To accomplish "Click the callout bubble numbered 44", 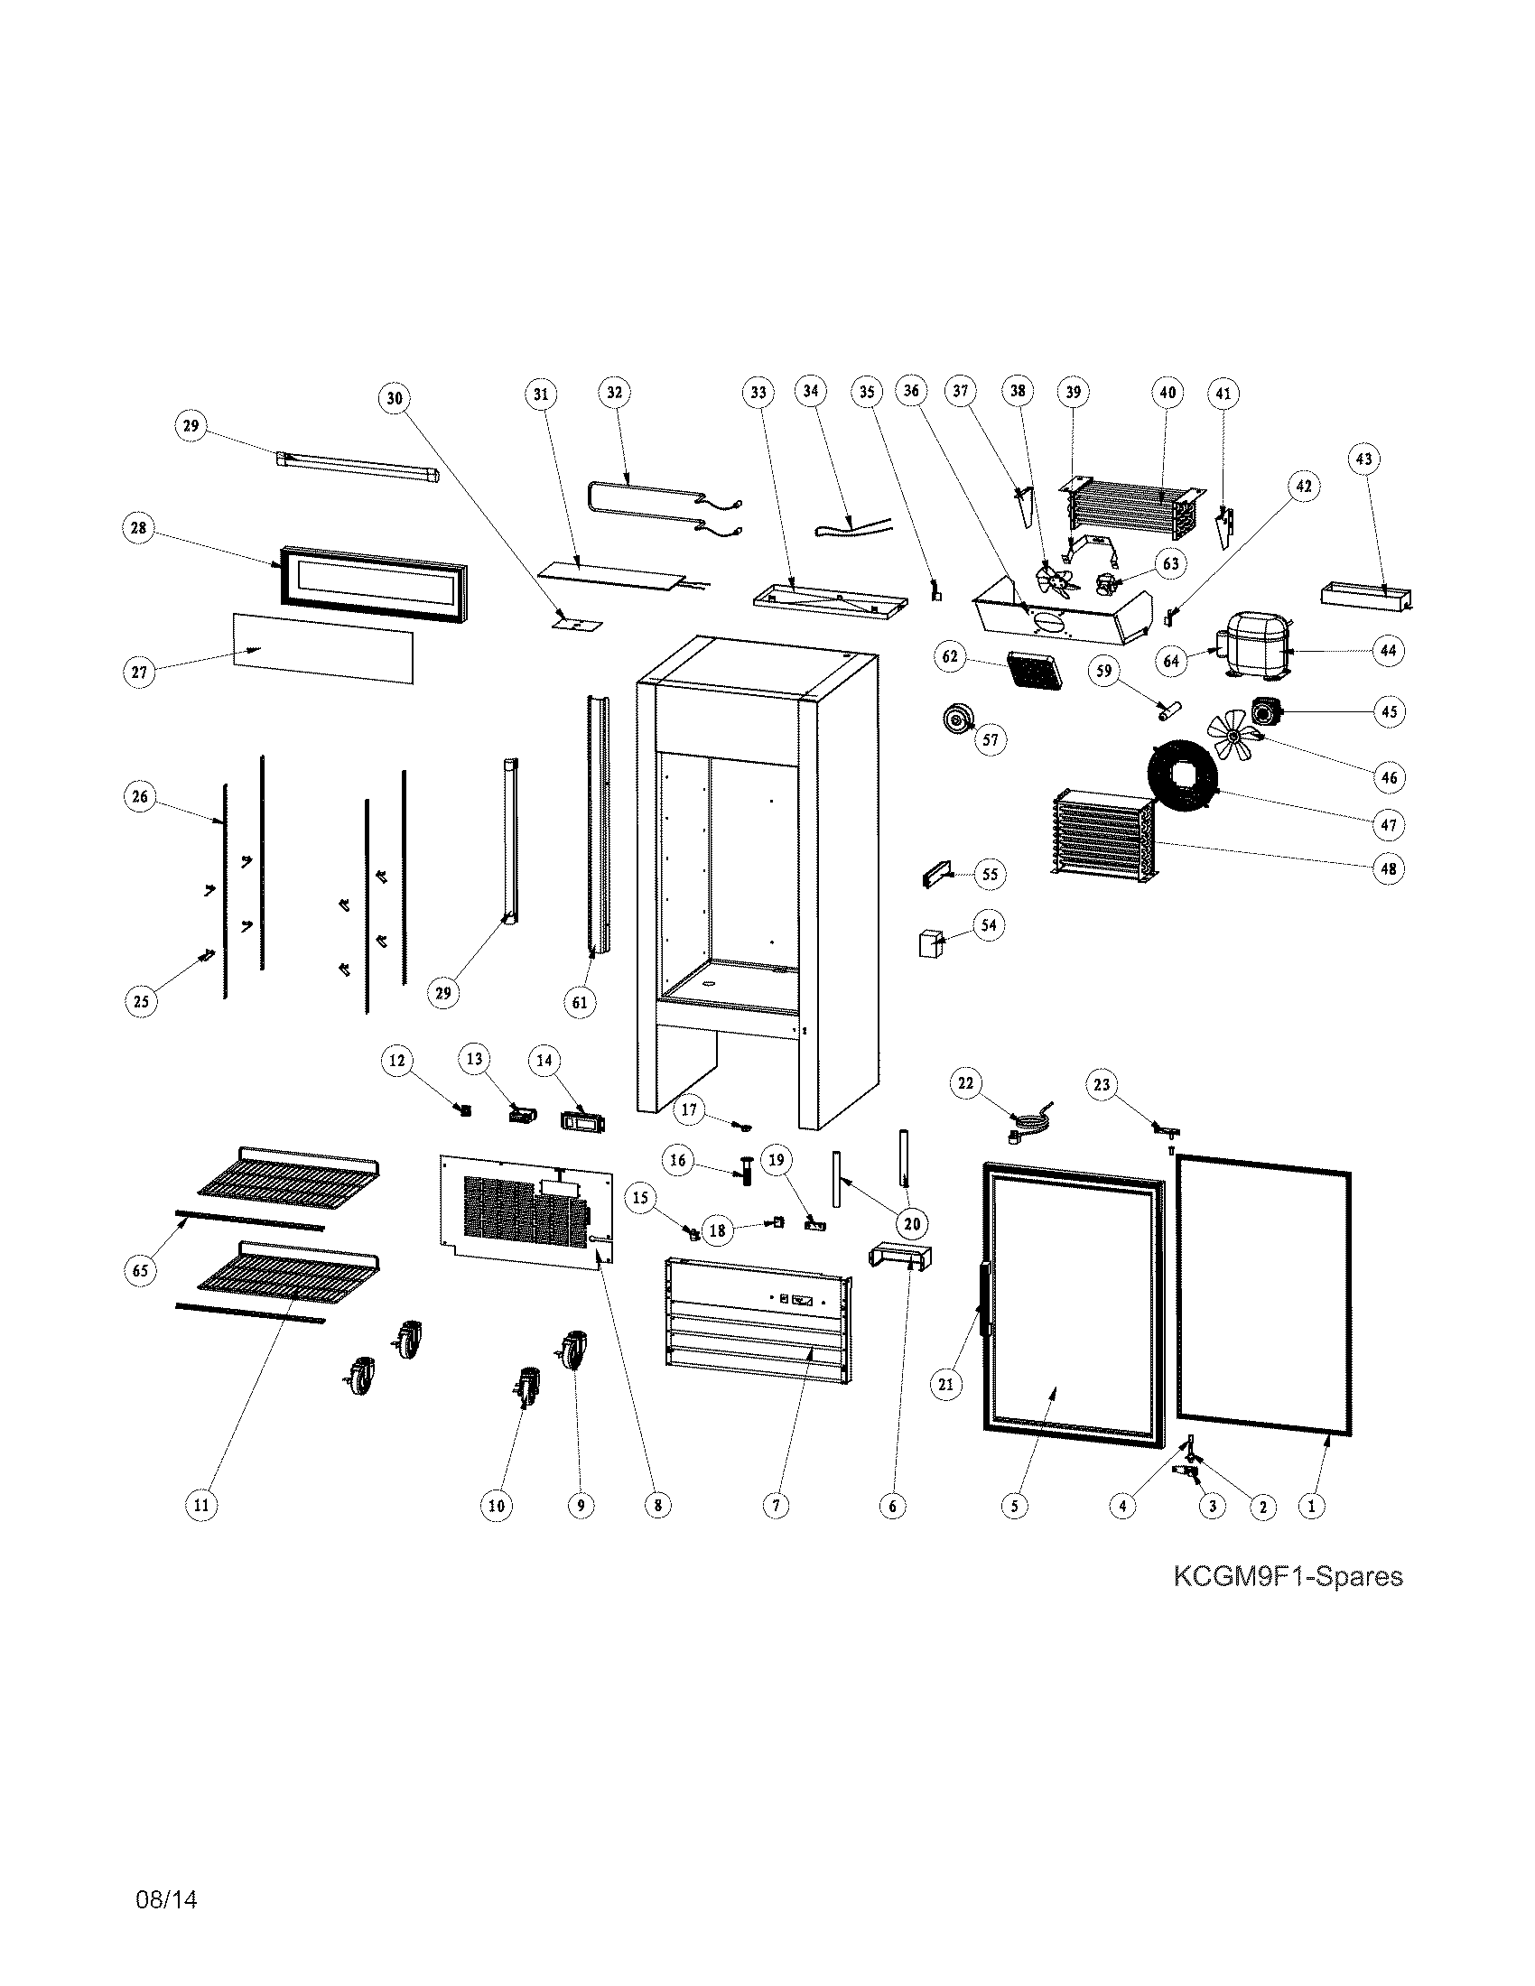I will (x=1388, y=650).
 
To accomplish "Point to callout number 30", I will (x=394, y=398).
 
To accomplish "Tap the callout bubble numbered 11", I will (x=201, y=1505).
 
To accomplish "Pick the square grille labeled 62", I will (x=1034, y=671).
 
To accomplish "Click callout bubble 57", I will (x=991, y=739).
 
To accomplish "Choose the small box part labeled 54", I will (x=929, y=943).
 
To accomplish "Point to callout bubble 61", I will (x=580, y=1002).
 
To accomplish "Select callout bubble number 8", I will (x=657, y=1505).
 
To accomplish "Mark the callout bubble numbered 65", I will (x=140, y=1270).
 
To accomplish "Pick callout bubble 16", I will (x=678, y=1160).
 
